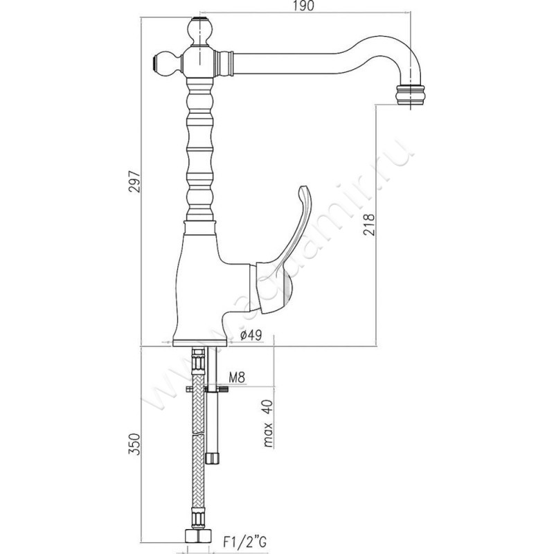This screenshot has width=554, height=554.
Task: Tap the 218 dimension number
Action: pyautogui.click(x=368, y=224)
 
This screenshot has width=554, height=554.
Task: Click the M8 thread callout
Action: pyautogui.click(x=238, y=377)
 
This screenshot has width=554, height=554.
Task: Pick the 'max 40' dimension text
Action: pyautogui.click(x=267, y=423)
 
